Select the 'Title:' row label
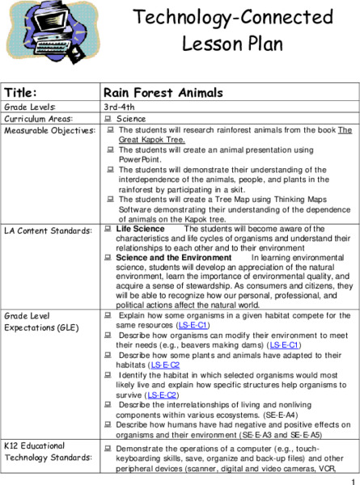coord(21,92)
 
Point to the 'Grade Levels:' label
coord(28,107)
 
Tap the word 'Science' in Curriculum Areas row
coord(132,119)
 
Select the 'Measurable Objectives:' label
coord(46,130)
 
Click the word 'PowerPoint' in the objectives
coord(141,159)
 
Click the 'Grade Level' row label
coord(28,315)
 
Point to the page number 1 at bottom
coord(354,479)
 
